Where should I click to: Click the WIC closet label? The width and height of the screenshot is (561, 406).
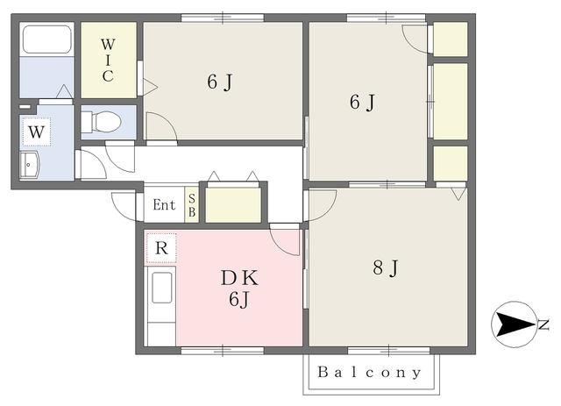click(108, 61)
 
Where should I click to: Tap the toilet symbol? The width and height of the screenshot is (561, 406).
click(102, 122)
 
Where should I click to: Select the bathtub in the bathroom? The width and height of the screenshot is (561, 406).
click(46, 39)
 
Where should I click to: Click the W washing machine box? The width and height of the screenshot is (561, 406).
click(36, 132)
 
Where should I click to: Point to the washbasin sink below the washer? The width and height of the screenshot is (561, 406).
click(29, 165)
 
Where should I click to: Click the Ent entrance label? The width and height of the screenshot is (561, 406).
click(164, 205)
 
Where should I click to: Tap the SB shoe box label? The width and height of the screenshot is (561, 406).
click(192, 205)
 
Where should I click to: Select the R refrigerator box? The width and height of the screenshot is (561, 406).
click(161, 248)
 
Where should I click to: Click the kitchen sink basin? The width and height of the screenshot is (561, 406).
click(161, 288)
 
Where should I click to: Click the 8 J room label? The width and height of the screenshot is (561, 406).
click(386, 267)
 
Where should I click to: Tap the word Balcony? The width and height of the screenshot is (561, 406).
click(370, 373)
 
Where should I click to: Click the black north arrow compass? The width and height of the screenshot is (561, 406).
click(514, 324)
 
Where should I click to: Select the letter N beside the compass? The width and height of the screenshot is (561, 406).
click(543, 324)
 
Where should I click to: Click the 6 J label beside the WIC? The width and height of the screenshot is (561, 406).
click(220, 82)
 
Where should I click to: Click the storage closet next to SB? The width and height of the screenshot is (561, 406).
click(233, 205)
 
